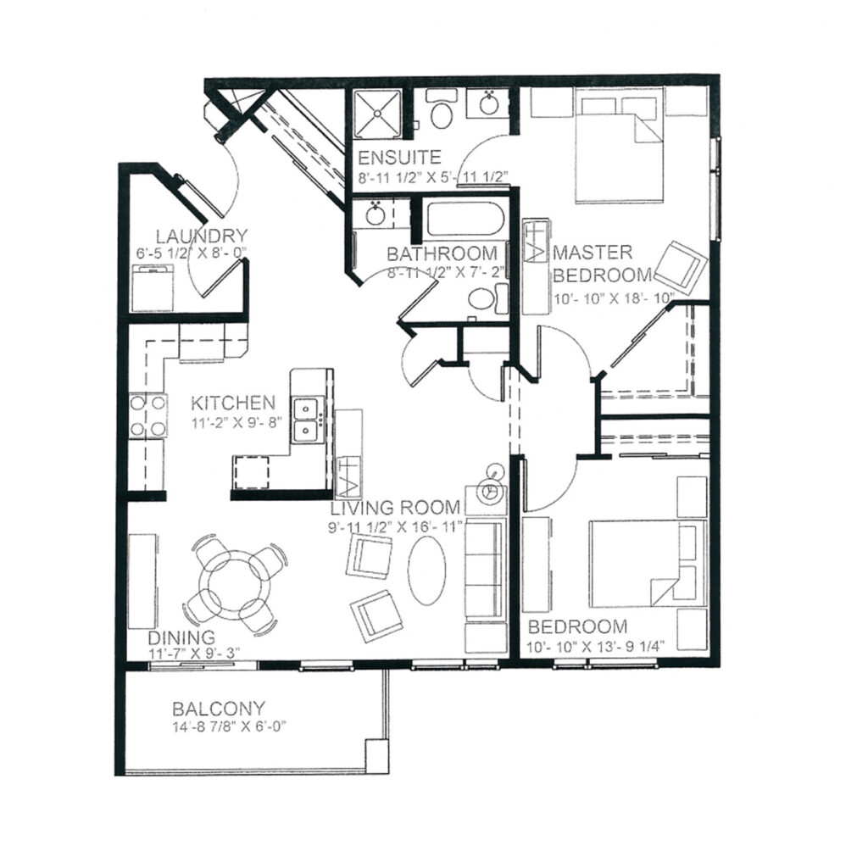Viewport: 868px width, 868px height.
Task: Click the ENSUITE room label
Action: point(399,158)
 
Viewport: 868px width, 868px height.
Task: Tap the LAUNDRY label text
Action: point(201,236)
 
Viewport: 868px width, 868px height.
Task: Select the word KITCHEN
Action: point(233,403)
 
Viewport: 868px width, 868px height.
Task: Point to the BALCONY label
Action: point(219,709)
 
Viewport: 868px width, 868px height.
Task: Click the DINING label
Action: point(181,637)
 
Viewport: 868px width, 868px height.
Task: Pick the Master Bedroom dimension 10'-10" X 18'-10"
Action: point(615,298)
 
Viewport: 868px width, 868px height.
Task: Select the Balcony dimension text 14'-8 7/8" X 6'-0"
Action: point(229,726)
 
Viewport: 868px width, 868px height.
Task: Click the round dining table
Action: point(236,585)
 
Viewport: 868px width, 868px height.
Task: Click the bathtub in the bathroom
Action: point(465,219)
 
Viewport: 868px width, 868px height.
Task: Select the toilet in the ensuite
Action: point(441,109)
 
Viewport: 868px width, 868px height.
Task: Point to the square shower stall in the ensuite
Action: point(377,113)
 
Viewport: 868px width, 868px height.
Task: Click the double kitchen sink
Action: point(306,420)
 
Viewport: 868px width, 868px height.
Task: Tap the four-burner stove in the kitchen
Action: point(147,415)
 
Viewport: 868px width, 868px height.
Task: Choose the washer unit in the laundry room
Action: point(153,288)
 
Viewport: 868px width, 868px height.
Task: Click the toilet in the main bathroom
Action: point(487,299)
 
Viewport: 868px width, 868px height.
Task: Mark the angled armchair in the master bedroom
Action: point(681,267)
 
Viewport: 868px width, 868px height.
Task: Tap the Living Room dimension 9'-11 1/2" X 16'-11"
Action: point(395,526)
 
